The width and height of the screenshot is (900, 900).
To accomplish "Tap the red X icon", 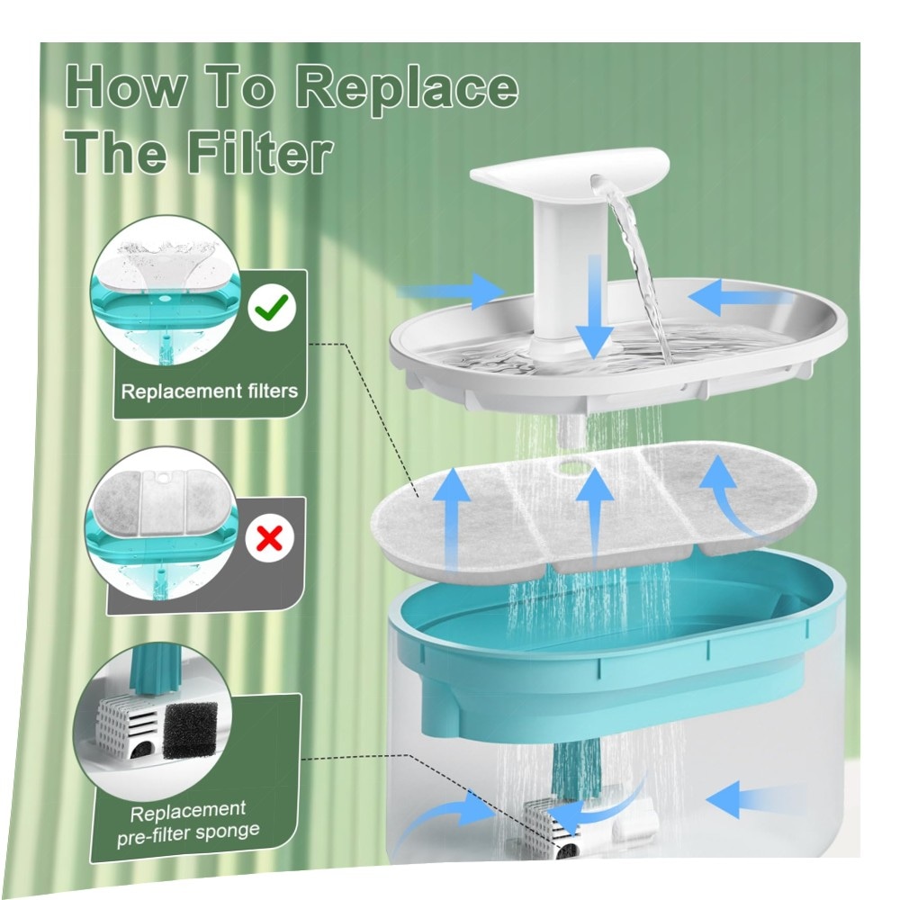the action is [270, 538].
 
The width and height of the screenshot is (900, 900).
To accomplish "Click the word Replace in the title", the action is [408, 89].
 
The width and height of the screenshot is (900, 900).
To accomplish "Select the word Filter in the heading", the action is [261, 153].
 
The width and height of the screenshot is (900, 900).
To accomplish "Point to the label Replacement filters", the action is [210, 391].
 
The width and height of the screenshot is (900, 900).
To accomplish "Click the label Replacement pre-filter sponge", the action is [189, 823].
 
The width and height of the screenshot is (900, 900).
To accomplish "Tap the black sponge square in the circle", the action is [191, 730].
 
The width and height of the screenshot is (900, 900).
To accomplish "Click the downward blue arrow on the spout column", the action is [595, 306].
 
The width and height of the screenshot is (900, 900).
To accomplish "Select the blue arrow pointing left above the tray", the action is [741, 297].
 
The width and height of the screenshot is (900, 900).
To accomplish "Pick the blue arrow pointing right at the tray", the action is [451, 291].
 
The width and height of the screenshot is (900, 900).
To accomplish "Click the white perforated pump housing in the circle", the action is [129, 730].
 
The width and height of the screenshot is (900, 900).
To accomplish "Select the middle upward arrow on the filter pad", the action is [595, 517].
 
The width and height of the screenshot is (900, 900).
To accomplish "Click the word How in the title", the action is [126, 87].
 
